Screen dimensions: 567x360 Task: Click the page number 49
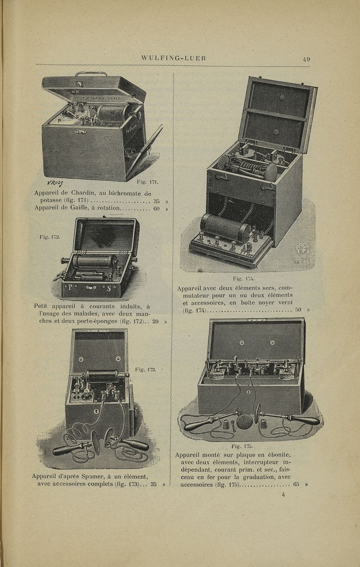[x=306, y=58]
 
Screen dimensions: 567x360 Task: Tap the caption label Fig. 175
[x=240, y=446]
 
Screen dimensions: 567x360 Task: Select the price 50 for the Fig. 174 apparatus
[x=298, y=310]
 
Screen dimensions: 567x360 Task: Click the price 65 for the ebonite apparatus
[x=296, y=485]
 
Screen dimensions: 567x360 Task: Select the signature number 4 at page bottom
[x=283, y=494]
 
